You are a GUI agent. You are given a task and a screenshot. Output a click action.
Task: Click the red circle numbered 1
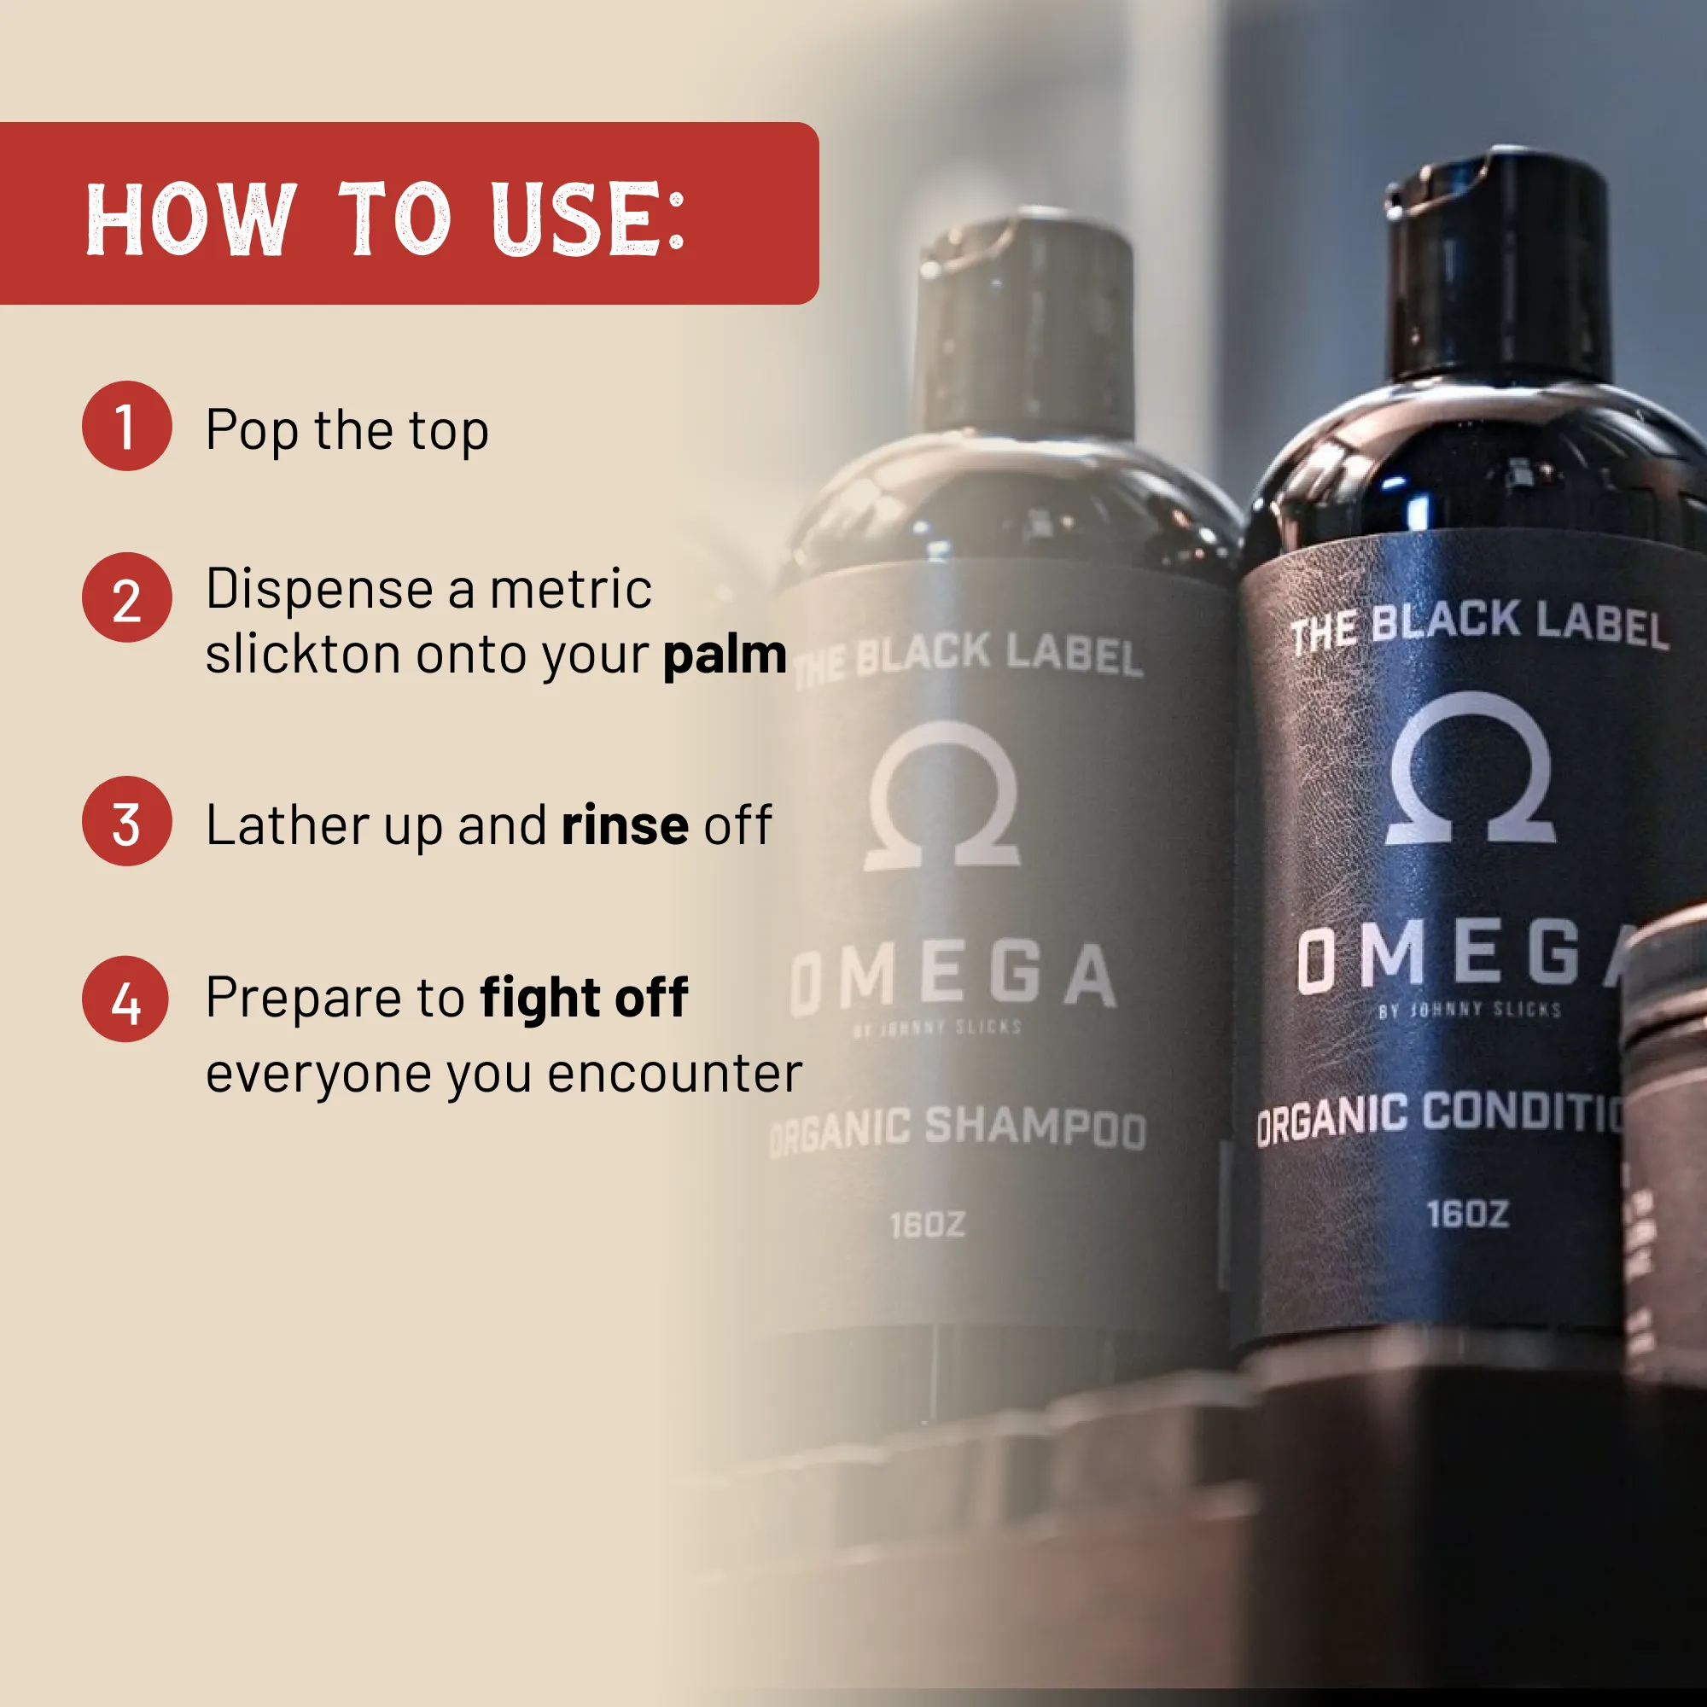(x=126, y=426)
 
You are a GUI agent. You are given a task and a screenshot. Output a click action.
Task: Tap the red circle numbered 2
(x=126, y=597)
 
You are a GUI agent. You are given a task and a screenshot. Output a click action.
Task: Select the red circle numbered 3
(x=126, y=821)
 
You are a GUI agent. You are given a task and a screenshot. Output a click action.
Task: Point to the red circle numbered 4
(x=125, y=999)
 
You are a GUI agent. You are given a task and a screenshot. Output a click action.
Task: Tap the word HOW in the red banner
(x=191, y=218)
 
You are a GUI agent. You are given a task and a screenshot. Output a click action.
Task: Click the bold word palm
(x=725, y=655)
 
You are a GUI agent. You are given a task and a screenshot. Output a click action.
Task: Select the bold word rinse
(x=625, y=825)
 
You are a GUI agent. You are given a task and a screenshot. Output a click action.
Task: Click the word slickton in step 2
(x=303, y=655)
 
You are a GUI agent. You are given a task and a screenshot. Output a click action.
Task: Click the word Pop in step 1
(x=252, y=431)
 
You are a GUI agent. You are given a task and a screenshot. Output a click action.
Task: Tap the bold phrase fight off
(x=584, y=998)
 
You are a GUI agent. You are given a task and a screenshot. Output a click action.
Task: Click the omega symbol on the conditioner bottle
(x=1471, y=769)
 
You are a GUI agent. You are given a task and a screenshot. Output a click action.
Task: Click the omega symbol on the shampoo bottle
(x=943, y=795)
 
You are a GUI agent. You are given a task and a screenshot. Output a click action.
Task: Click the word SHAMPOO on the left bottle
(x=1034, y=1127)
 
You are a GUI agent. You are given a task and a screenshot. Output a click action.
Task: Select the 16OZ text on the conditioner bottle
(x=1467, y=1214)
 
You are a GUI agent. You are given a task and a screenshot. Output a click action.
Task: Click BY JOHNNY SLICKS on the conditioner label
(x=1471, y=1009)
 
